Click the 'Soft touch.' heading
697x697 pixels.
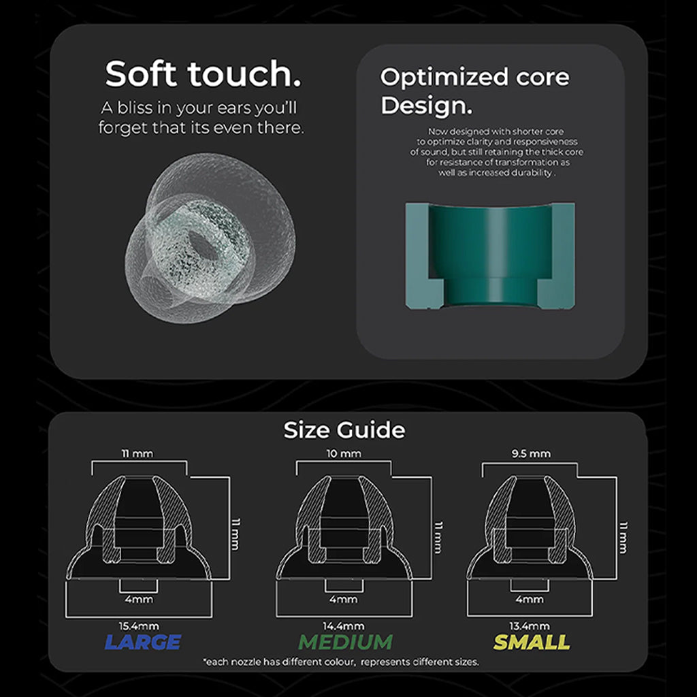pos(203,74)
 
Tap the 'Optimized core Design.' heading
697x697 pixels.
pos(474,91)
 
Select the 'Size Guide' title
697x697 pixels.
pos(344,430)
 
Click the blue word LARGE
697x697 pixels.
pos(143,642)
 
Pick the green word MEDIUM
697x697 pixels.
pos(345,642)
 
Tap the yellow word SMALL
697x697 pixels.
pos(532,642)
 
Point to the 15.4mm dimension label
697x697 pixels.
pos(139,626)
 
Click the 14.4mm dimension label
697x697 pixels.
pos(344,626)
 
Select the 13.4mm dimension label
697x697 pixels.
pos(530,626)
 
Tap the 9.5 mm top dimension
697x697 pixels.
pos(531,453)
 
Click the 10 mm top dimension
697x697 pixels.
pos(344,453)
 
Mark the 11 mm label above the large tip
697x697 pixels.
pos(137,453)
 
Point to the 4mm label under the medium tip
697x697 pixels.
pos(344,599)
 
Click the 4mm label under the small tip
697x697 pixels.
pos(530,599)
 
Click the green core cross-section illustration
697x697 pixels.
pos(490,256)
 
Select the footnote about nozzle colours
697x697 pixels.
pos(341,662)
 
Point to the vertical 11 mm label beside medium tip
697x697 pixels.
pos(438,537)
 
